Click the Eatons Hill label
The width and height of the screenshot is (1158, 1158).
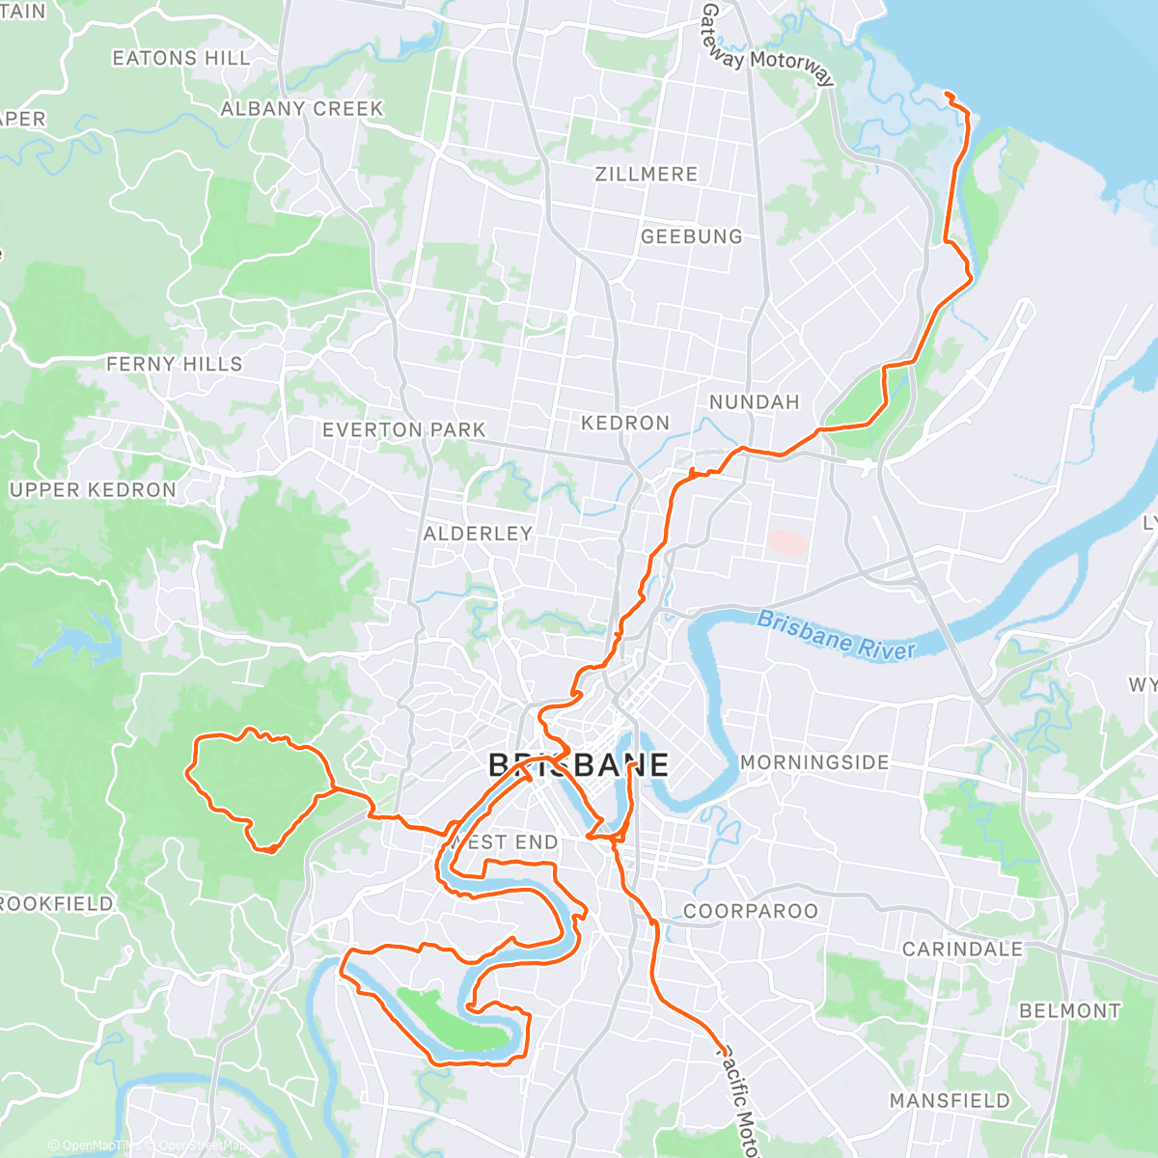point(181,59)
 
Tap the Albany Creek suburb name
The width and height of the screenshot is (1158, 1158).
point(302,109)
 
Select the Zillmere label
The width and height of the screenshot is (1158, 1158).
point(647,175)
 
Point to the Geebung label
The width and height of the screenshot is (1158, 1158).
point(692,236)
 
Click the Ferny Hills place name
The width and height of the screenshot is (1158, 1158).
point(175,364)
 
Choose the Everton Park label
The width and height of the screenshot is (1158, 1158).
point(404,429)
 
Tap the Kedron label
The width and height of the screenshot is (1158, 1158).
point(625,423)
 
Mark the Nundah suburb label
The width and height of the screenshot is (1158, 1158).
point(755,402)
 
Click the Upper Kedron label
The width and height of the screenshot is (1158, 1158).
point(93,490)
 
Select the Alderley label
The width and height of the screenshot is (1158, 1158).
point(478,534)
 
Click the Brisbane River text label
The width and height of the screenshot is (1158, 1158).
point(836,636)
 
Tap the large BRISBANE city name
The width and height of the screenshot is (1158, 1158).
point(578,765)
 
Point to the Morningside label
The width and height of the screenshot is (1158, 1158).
point(814,762)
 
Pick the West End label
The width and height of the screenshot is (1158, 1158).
point(505,842)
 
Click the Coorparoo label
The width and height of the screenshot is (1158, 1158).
point(751,911)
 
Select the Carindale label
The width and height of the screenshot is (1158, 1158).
point(962,950)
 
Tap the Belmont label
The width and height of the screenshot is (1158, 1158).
point(1070,1011)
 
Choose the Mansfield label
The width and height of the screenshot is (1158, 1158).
point(950,1101)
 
